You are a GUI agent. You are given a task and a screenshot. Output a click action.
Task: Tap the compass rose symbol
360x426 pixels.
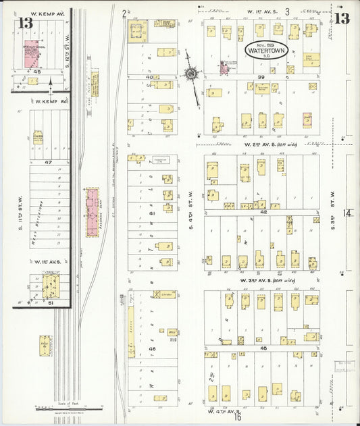[191, 73]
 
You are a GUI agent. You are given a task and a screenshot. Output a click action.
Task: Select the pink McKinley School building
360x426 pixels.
[30, 53]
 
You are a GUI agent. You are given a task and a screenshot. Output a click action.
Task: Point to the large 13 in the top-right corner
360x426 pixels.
[342, 18]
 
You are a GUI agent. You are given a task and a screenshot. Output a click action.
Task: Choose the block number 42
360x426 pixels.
[263, 212]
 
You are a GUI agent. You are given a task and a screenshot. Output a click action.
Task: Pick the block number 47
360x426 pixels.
[48, 163]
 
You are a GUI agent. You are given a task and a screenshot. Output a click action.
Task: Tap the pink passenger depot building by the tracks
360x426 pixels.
[90, 213]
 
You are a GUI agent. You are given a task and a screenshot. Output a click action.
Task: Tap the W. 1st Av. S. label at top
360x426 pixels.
[259, 11]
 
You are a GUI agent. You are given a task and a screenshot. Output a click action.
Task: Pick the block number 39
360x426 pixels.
[260, 78]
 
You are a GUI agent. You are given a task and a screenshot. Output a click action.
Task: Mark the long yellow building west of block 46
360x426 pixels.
[129, 329]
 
